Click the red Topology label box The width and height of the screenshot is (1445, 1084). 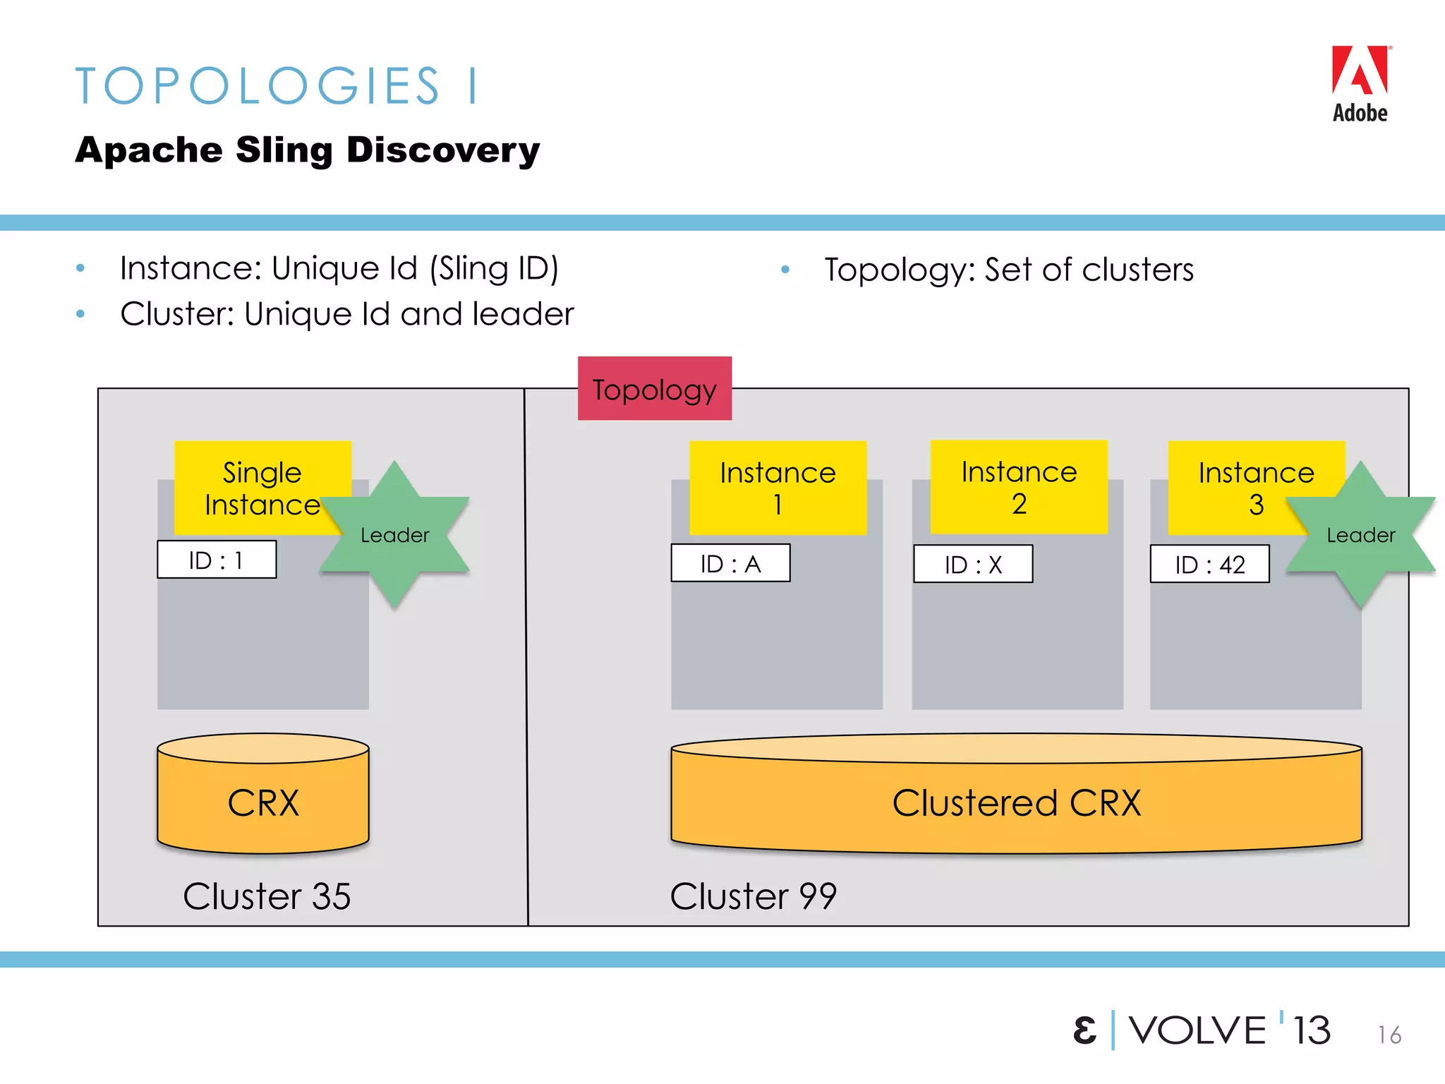pos(654,389)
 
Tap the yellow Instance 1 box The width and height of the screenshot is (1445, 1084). pos(778,488)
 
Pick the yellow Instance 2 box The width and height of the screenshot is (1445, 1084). pos(1019,487)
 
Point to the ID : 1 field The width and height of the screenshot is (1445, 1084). pos(217,560)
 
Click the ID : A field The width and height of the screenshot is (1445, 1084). pos(730,563)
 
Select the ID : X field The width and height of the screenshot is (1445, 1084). pos(973,564)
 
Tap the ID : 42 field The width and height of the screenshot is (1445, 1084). pos(1209,564)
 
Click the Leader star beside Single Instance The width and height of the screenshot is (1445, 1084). pos(395,535)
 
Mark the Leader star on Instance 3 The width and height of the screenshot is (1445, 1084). pos(1360,535)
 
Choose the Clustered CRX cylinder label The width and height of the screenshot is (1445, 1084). pos(1016,802)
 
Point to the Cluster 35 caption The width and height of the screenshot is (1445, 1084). pos(267,896)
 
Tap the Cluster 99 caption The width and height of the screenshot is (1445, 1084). pos(753,896)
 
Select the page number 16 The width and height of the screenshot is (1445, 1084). pos(1389,1035)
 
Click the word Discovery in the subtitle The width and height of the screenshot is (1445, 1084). pos(443,150)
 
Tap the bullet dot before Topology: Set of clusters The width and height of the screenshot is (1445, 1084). pos(785,270)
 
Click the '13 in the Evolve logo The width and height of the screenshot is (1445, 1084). pos(1311,1030)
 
